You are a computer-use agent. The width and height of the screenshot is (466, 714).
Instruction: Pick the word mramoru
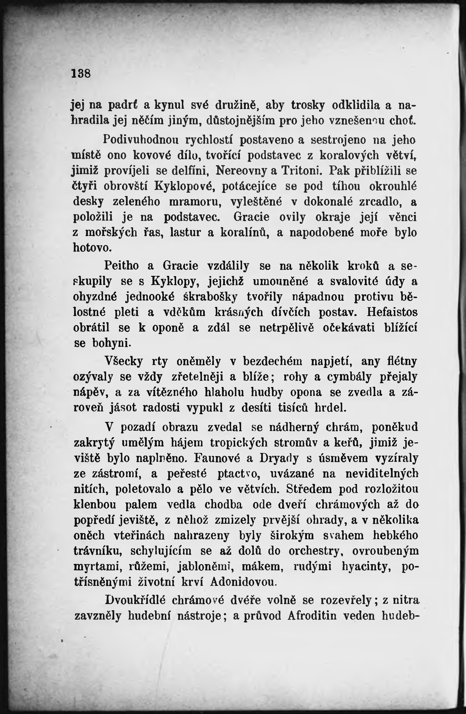[x=195, y=202]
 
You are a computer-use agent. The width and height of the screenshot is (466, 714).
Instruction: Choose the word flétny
[x=402, y=361]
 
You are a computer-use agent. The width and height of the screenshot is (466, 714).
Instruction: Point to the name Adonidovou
[x=242, y=582]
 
